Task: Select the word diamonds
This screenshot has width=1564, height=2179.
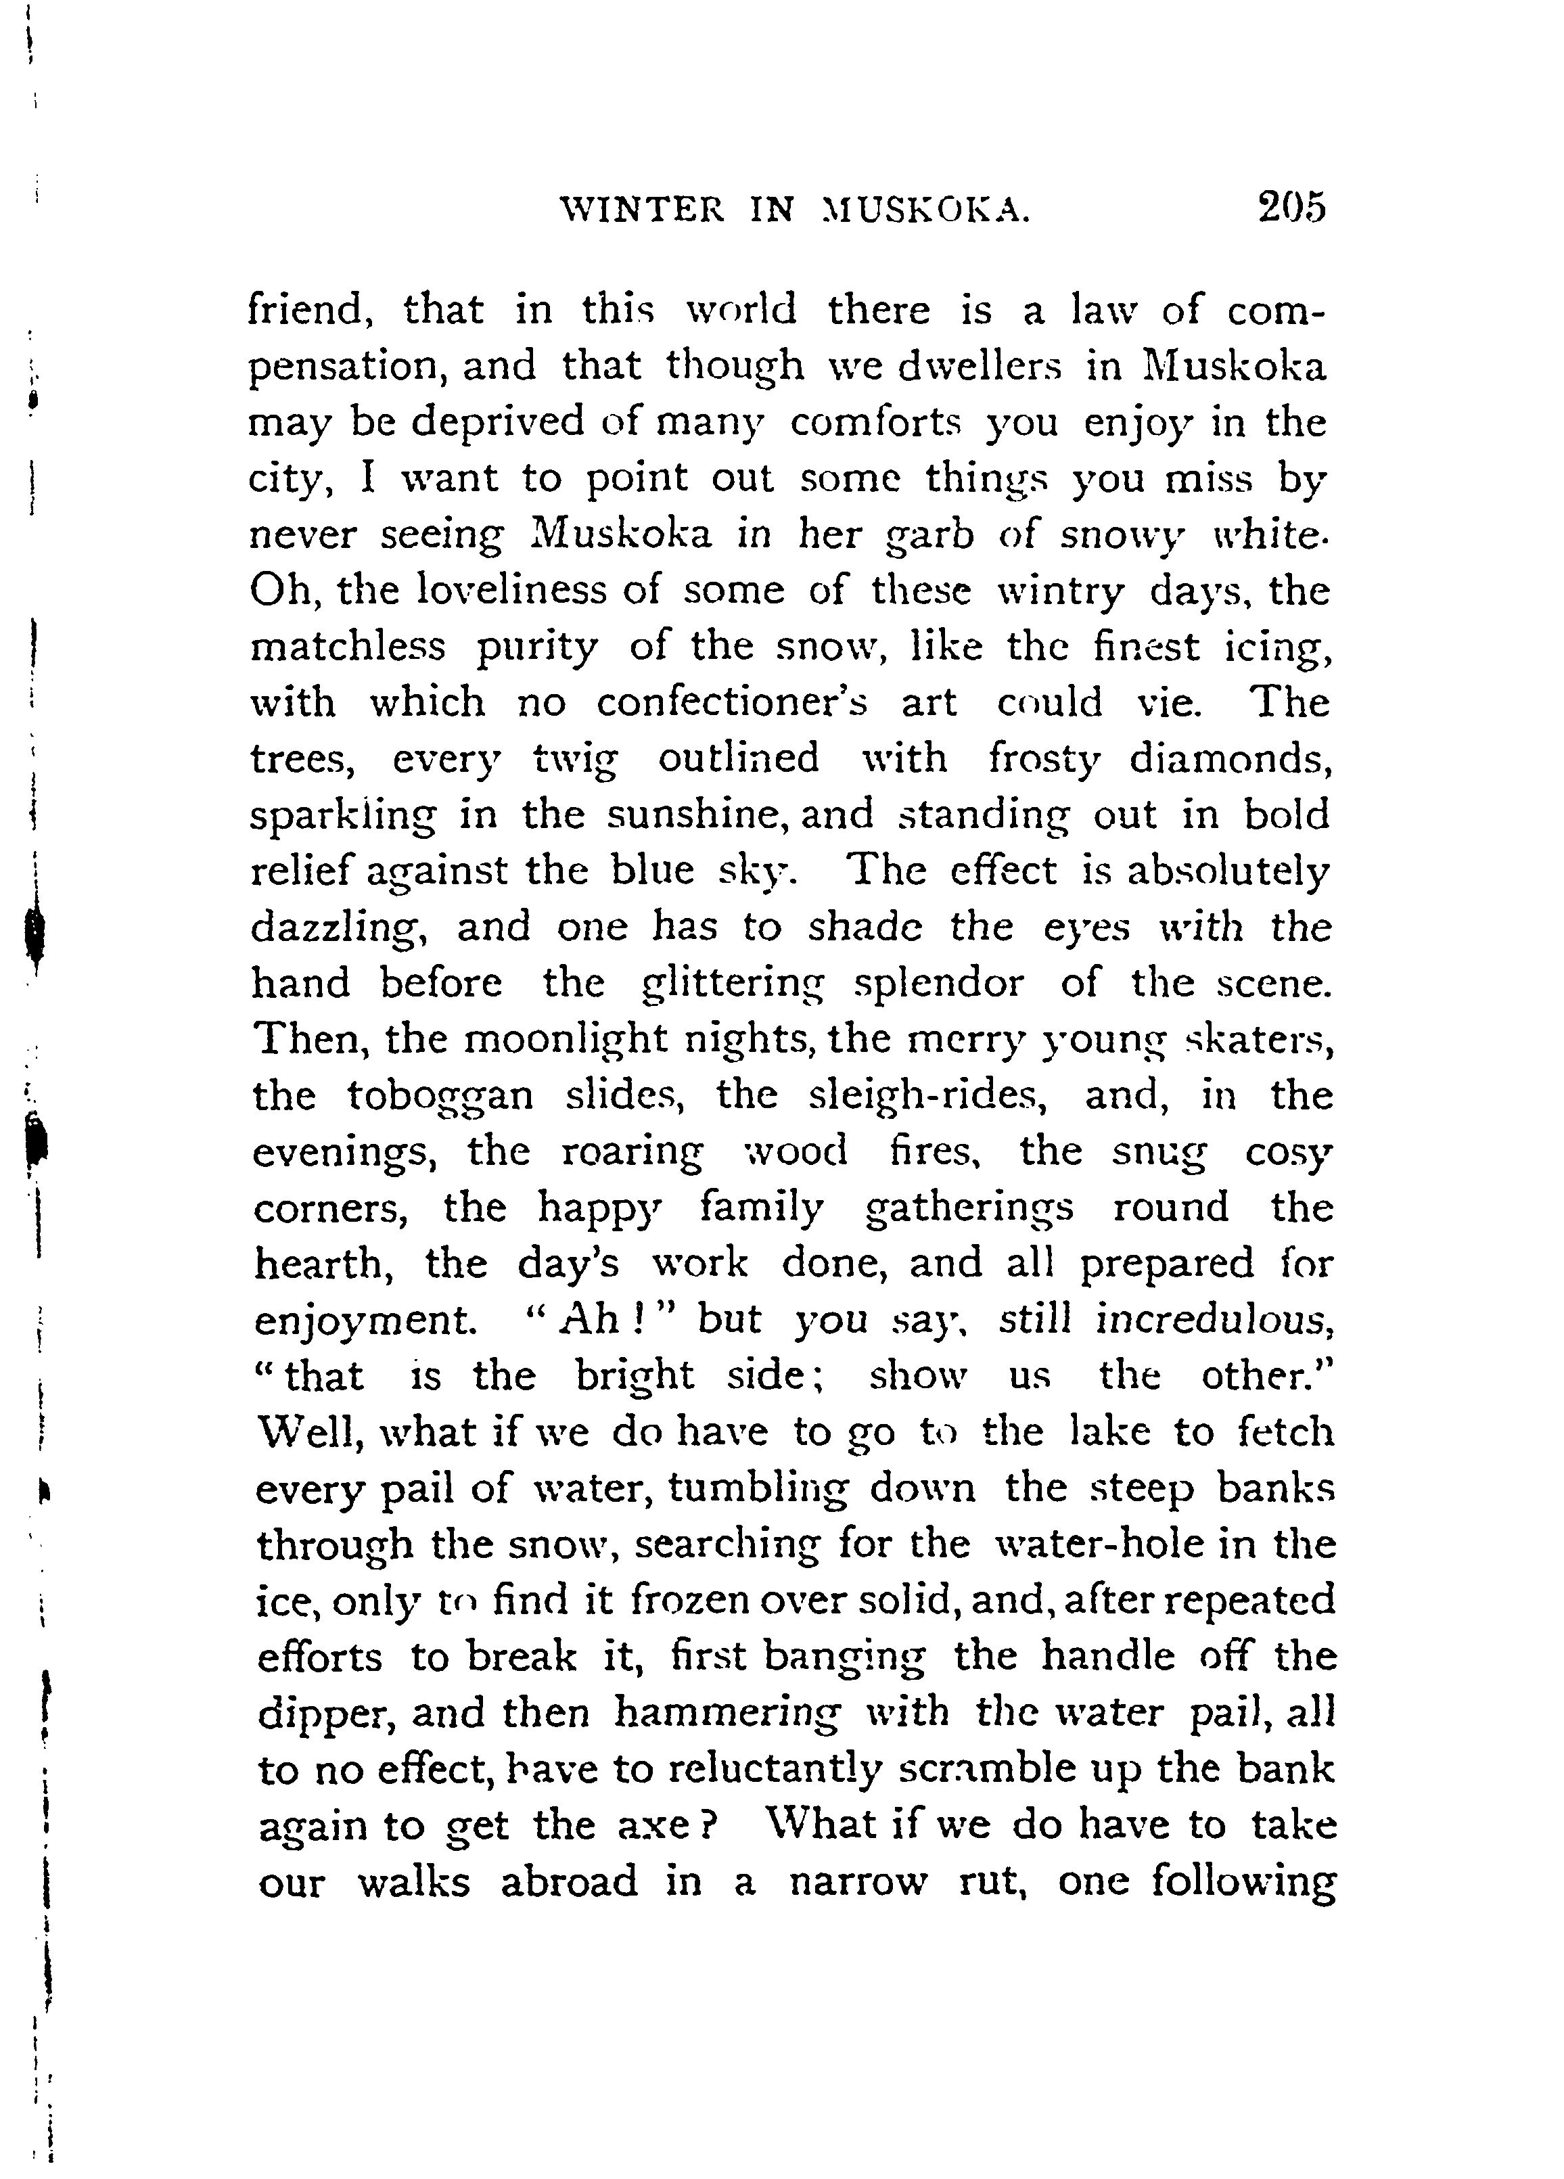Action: pos(1228,759)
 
